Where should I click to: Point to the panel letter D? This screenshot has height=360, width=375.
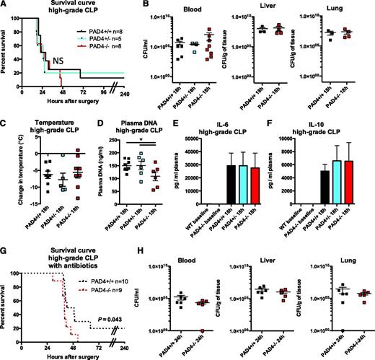coord(100,123)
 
